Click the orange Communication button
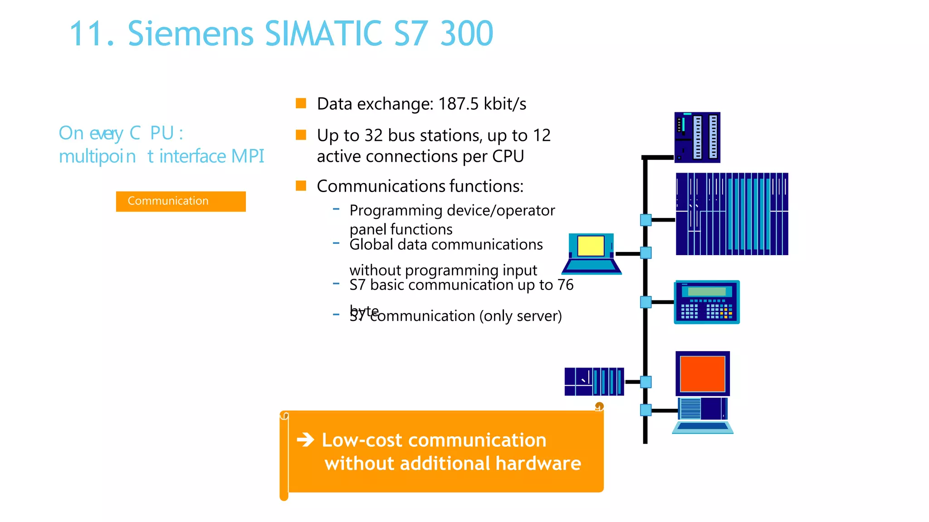181,201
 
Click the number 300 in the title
467,34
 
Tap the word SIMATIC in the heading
323,34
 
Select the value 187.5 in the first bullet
458,104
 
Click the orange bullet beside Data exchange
301,103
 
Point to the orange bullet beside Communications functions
301,186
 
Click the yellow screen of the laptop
591,246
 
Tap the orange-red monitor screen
702,373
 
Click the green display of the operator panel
707,291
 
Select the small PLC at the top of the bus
697,137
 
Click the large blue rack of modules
732,214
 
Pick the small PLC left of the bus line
594,382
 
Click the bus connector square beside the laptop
646,253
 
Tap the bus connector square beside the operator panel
646,302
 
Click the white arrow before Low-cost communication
306,440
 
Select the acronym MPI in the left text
248,156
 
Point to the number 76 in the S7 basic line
565,285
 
